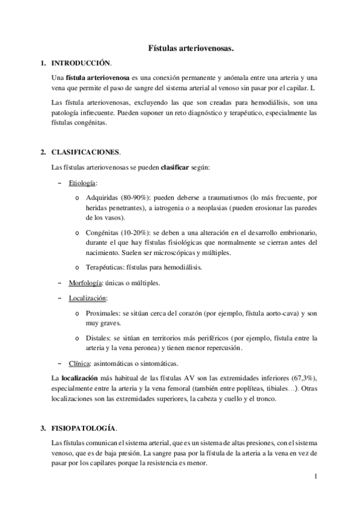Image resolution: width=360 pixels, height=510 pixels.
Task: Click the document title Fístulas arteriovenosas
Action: [191, 48]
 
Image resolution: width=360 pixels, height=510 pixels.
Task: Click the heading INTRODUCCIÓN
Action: [81, 63]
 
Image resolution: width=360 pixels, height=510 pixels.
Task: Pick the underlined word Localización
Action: [88, 298]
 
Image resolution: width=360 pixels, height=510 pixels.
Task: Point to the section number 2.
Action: [42, 152]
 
